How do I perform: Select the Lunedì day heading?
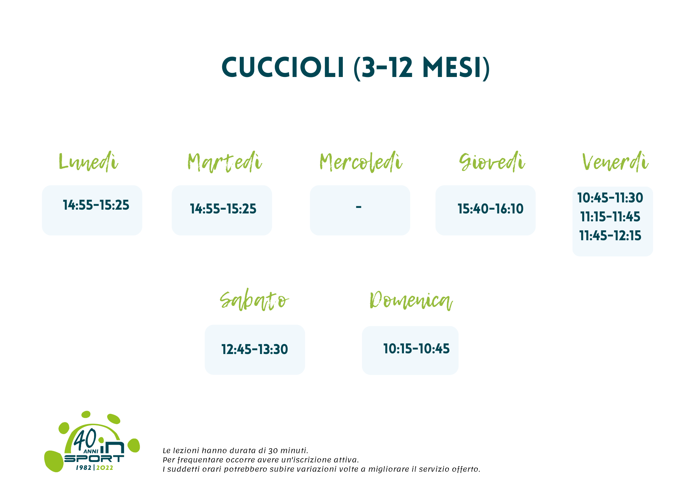tap(88, 162)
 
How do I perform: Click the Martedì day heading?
tap(225, 162)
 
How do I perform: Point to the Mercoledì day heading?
tap(361, 162)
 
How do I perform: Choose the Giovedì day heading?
tap(492, 162)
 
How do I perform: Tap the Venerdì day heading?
tap(615, 162)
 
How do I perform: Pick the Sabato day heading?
tap(254, 301)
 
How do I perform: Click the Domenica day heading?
tap(411, 301)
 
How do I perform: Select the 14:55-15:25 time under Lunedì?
tap(96, 205)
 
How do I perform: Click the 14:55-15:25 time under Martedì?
tap(223, 209)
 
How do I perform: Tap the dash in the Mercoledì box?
tap(359, 207)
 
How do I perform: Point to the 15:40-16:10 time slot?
tap(491, 209)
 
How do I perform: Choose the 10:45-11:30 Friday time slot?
tap(610, 198)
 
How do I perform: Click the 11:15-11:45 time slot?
tap(610, 217)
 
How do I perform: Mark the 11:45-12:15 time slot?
tap(610, 236)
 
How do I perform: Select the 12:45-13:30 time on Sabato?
tap(255, 350)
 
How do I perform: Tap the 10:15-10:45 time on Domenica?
tap(416, 349)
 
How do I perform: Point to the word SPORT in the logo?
tap(94, 459)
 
